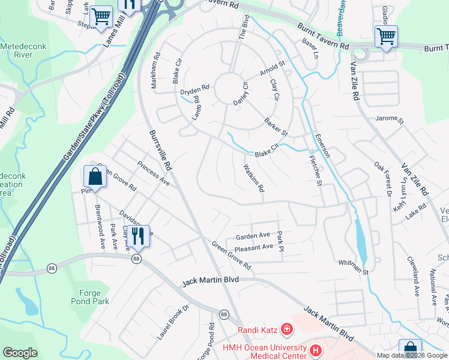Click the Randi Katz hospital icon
287,329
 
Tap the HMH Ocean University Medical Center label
263,349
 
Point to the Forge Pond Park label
90,297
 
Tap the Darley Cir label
240,93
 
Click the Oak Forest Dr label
382,179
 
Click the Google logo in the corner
20,353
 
